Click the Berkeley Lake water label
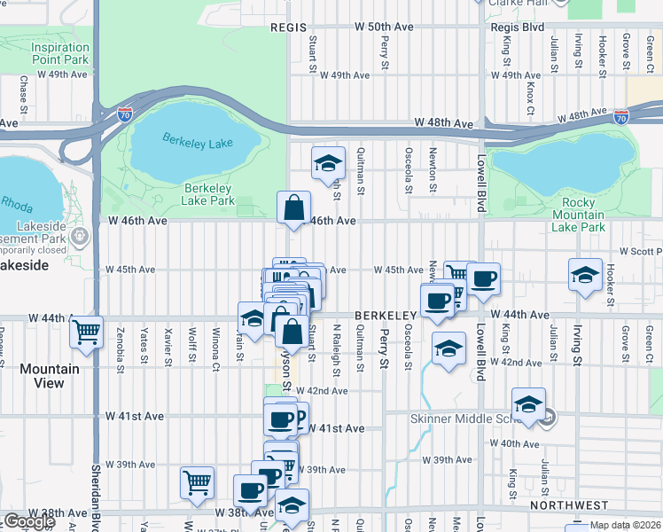197,141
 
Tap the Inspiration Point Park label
59,53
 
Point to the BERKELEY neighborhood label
386,316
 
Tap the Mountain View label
50,376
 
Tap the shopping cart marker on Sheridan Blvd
86,332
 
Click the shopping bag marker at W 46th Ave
293,209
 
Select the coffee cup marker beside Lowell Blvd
483,279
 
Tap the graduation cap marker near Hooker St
585,274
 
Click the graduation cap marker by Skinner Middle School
528,404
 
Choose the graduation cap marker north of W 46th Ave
328,163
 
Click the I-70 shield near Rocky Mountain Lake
621,117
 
